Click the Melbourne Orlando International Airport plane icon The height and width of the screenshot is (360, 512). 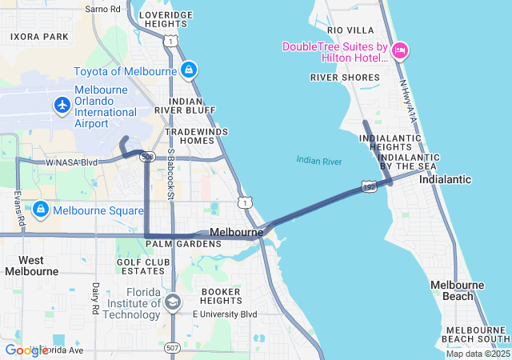click(x=62, y=105)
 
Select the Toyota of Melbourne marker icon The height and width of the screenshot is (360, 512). click(x=188, y=70)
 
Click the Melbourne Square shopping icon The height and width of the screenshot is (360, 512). click(x=41, y=210)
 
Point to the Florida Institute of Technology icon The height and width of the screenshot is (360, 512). click(x=172, y=302)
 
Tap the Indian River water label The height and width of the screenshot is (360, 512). click(x=318, y=161)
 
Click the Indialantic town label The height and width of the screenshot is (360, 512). click(x=445, y=180)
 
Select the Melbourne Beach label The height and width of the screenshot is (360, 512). click(x=457, y=290)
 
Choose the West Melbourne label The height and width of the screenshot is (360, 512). click(x=31, y=266)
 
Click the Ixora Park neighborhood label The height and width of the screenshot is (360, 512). click(x=39, y=37)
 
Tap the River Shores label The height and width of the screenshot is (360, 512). click(x=345, y=78)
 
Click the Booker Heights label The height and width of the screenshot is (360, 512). click(x=221, y=296)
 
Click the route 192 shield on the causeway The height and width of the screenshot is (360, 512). click(x=368, y=186)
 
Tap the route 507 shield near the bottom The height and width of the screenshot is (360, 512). click(x=172, y=348)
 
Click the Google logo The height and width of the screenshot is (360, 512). click(x=26, y=350)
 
